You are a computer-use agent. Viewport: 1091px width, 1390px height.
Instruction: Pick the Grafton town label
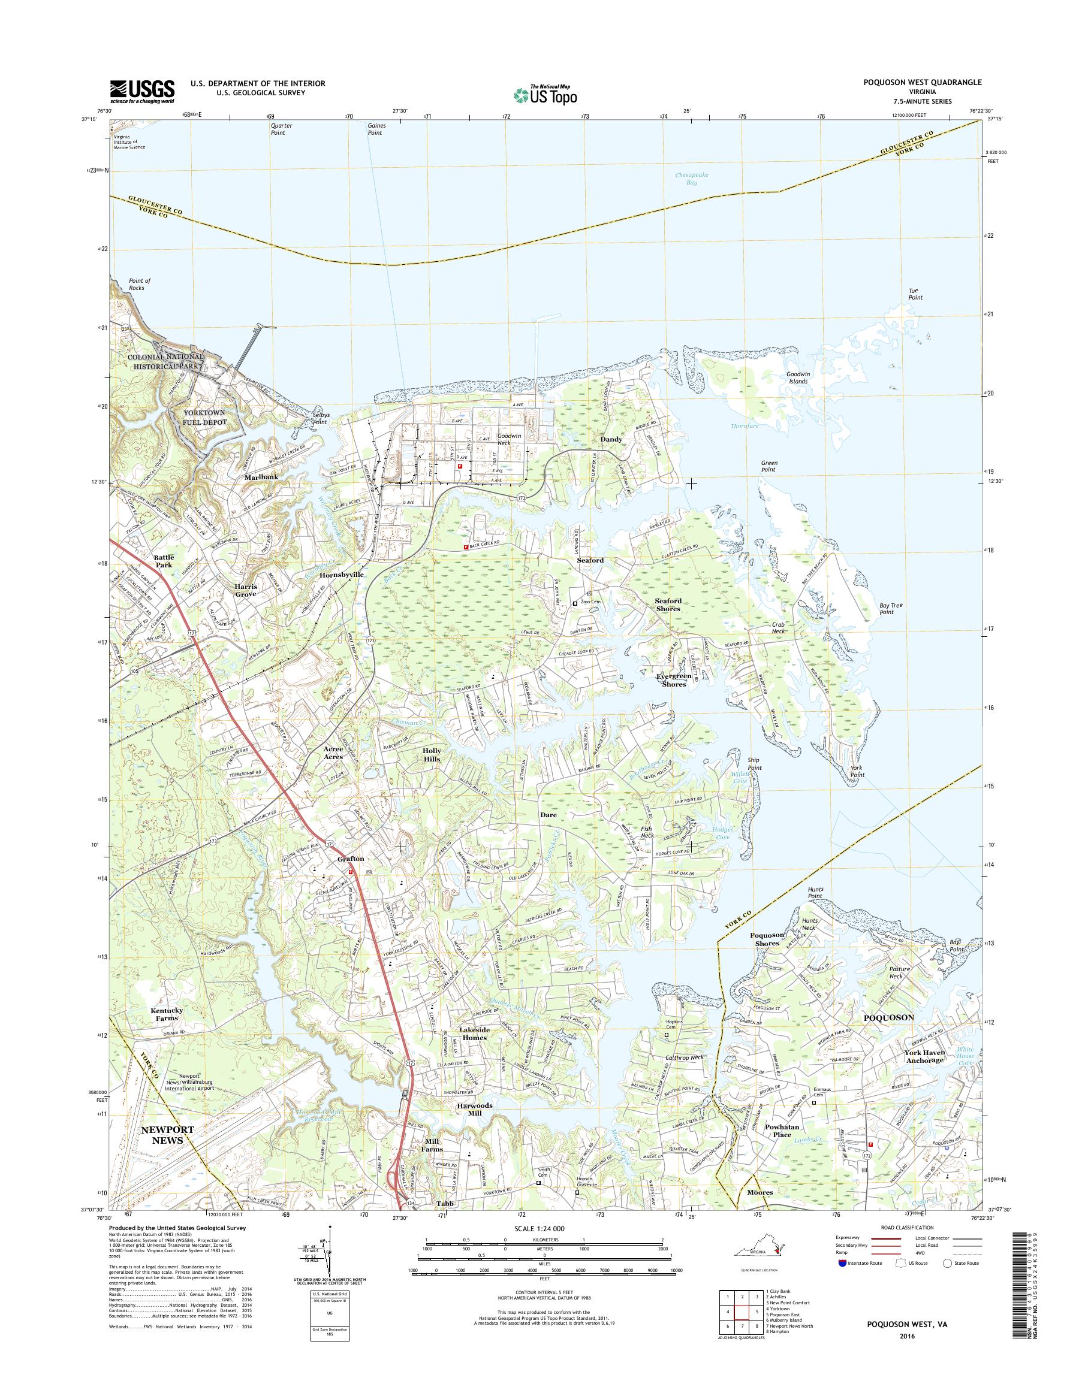351,859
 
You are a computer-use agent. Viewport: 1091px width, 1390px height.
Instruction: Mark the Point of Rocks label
139,284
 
